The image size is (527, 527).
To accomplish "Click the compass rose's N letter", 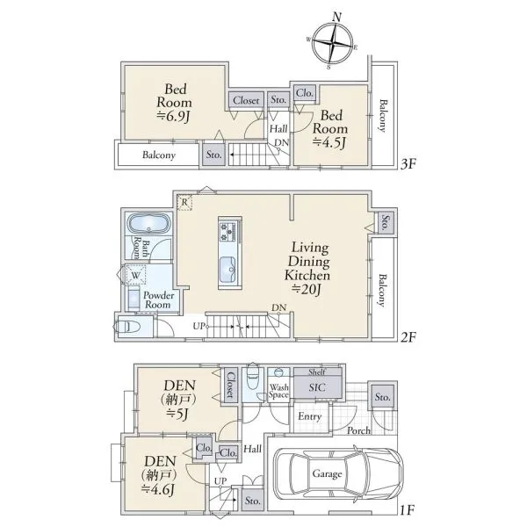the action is point(337,17).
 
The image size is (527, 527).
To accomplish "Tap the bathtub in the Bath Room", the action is point(149,224).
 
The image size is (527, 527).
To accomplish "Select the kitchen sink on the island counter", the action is point(227,270).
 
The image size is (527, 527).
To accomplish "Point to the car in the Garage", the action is point(339,474).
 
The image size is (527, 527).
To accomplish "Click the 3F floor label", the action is point(408,164).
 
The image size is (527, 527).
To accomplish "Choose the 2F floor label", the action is point(408,336).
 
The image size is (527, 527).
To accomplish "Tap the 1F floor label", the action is point(407,509).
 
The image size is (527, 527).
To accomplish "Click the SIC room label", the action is point(317,387).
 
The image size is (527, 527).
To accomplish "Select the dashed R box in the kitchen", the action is point(184,202).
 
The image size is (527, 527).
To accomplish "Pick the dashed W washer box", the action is point(135,275).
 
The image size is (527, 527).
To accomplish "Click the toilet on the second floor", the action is point(126,327).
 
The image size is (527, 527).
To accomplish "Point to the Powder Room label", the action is point(158,300).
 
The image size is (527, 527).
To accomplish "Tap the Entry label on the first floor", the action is point(309,416).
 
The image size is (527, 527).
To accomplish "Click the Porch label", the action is point(358,430).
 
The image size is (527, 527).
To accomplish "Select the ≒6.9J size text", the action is point(173,116).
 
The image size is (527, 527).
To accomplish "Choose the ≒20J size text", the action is point(307,289).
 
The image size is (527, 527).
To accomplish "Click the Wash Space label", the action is point(278,392).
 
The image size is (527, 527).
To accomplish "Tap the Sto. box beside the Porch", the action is point(382,397).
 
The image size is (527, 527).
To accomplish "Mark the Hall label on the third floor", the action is point(278,129).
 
